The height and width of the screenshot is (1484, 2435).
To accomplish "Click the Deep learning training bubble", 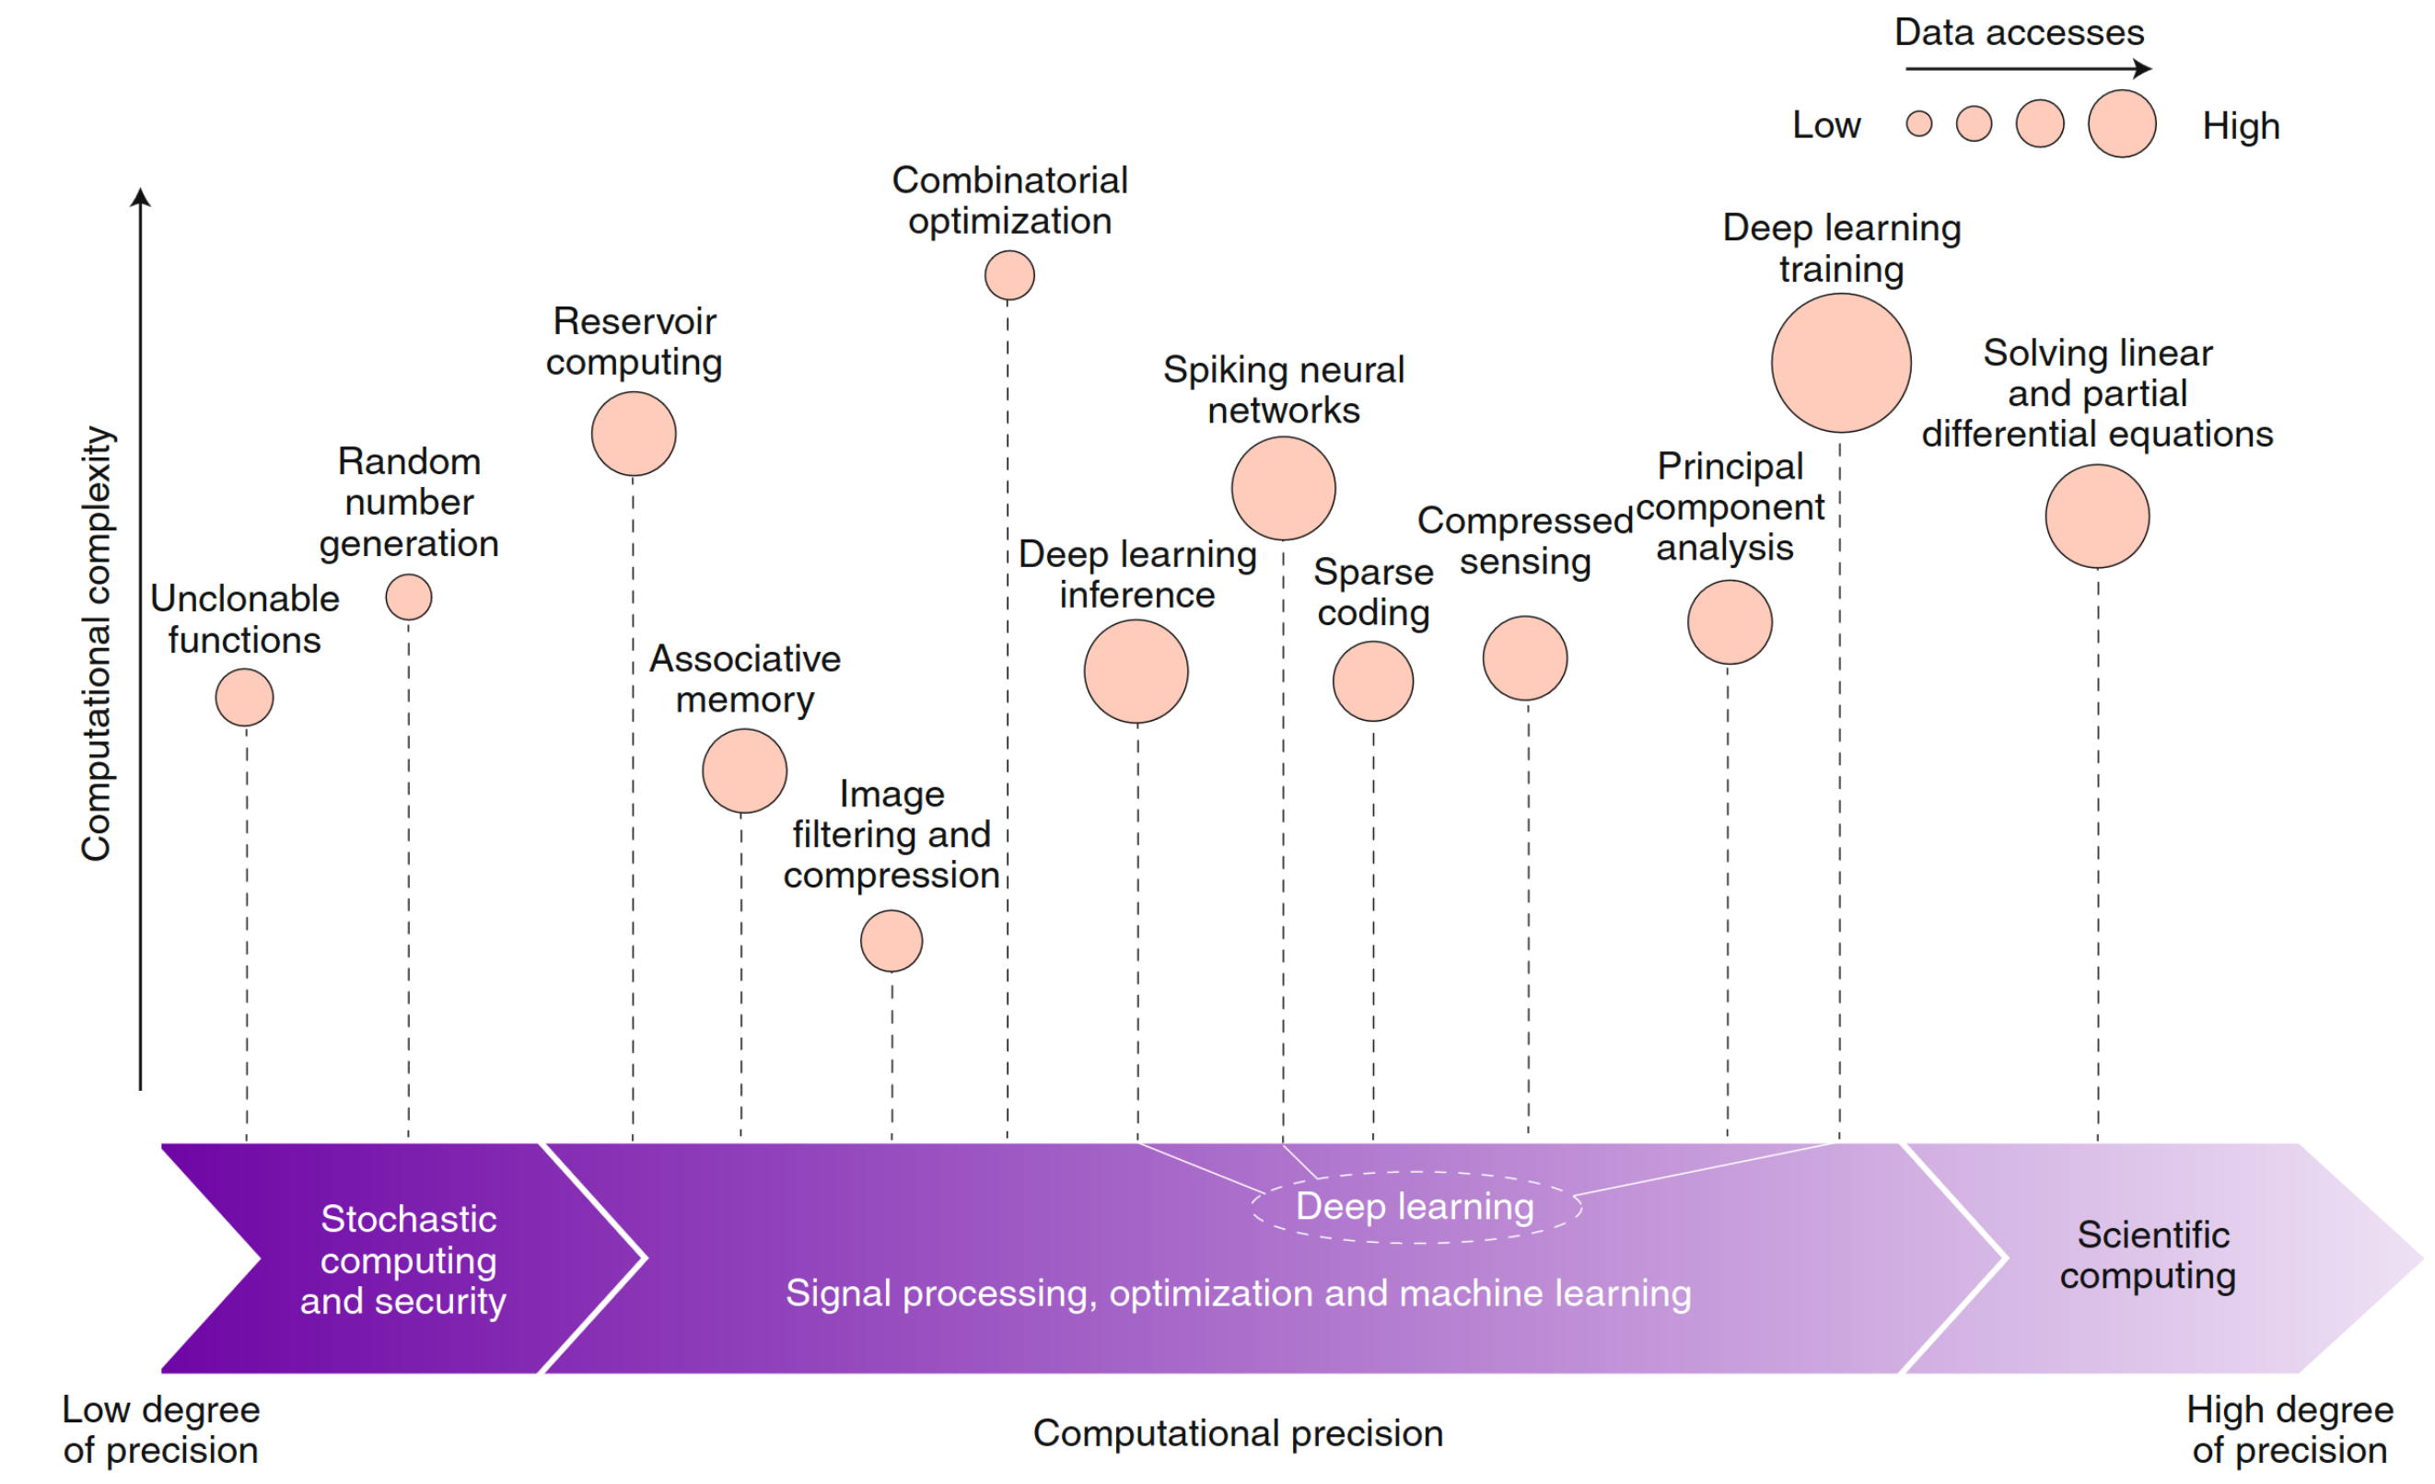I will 1840,363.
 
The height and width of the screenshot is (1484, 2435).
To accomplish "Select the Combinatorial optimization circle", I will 1009,274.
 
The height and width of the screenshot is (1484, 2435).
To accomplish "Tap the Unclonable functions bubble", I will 244,698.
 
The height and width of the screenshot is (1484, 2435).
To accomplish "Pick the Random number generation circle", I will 408,597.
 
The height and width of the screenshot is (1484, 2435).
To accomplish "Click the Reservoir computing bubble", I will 634,434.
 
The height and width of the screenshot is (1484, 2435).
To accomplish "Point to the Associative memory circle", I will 744,771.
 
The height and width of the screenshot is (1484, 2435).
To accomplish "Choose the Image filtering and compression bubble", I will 891,941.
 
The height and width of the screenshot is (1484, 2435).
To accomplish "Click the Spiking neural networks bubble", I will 1283,488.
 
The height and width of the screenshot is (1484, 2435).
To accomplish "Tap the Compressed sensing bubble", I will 1525,658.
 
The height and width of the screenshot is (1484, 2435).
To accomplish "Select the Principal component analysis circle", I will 1730,621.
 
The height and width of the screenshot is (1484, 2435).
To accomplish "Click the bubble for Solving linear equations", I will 2097,516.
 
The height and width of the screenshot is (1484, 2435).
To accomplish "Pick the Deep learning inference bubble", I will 1136,671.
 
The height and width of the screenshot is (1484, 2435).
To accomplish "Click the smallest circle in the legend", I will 1918,123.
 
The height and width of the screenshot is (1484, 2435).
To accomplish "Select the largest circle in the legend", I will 2122,123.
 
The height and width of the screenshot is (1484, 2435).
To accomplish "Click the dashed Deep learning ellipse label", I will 1415,1206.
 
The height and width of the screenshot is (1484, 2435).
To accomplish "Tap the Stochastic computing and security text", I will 405,1259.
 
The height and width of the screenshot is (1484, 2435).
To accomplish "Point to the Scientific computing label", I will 2150,1255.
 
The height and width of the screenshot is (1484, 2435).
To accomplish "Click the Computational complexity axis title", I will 96,643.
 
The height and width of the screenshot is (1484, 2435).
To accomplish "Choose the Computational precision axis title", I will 1237,1432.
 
